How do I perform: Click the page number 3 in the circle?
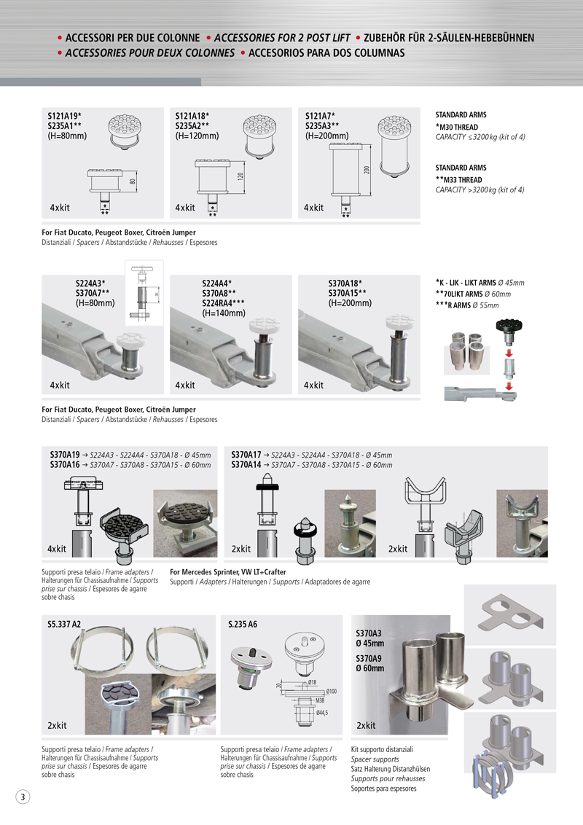pos(23,797)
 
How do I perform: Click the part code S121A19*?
pos(64,116)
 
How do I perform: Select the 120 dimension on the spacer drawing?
pos(240,177)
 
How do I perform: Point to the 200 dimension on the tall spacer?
pos(367,170)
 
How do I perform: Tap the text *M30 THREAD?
pos(457,127)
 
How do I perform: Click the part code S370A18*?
pos(345,284)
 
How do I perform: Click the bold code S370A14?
pos(246,464)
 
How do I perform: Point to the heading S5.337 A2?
pos(64,625)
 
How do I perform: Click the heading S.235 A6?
pos(243,625)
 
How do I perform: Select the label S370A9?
pos(369,658)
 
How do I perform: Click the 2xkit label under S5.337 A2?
pos(58,726)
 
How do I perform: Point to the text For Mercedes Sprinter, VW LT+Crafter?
pos(227,572)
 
